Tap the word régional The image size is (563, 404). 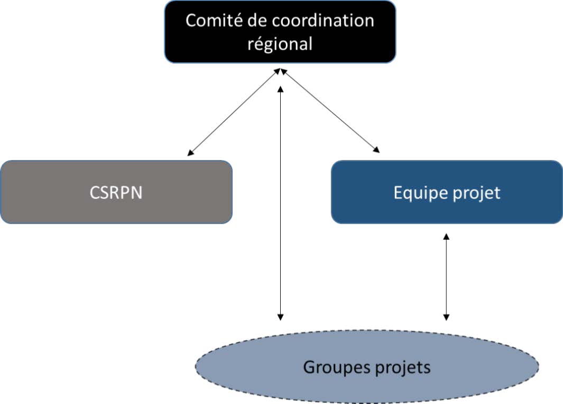point(280,43)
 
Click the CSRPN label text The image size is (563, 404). point(116,193)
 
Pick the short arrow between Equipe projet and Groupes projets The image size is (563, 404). point(446,277)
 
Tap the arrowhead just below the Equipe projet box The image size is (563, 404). point(446,238)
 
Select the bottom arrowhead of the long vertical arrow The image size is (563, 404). point(281,317)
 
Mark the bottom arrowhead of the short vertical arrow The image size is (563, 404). point(446,317)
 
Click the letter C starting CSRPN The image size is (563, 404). point(93,193)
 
